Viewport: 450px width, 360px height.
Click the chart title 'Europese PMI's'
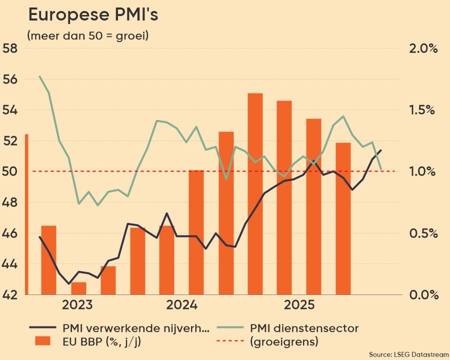(93, 15)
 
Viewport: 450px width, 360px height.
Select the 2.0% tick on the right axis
(423, 48)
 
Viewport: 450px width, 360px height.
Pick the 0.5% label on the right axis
(423, 233)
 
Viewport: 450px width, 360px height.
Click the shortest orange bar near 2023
(78, 289)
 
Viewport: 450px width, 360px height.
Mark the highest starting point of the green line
(39, 76)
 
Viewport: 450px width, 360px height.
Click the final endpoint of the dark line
(381, 150)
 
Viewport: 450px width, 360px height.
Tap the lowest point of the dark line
(69, 283)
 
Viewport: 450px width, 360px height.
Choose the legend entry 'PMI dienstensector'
(304, 328)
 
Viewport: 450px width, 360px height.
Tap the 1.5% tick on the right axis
(423, 110)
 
